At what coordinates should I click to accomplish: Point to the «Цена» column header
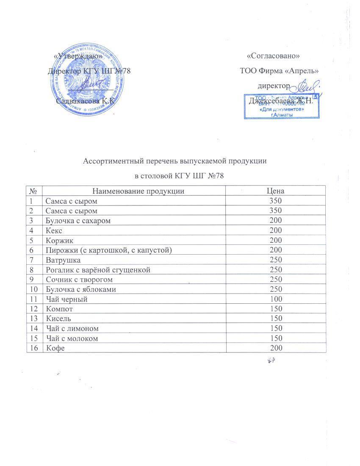(x=275, y=191)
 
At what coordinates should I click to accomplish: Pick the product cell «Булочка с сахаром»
(x=78, y=220)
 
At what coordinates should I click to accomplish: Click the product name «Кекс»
(x=54, y=230)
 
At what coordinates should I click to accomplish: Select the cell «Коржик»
(x=58, y=240)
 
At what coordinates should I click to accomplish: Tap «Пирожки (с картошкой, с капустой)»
(x=108, y=250)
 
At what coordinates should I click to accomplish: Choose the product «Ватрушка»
(x=63, y=260)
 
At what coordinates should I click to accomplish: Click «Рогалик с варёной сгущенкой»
(x=98, y=269)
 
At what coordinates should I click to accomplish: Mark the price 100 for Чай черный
(x=275, y=299)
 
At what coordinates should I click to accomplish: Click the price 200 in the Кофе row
(x=275, y=348)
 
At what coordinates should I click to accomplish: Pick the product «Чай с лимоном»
(x=72, y=328)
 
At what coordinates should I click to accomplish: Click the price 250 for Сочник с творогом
(x=275, y=280)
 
